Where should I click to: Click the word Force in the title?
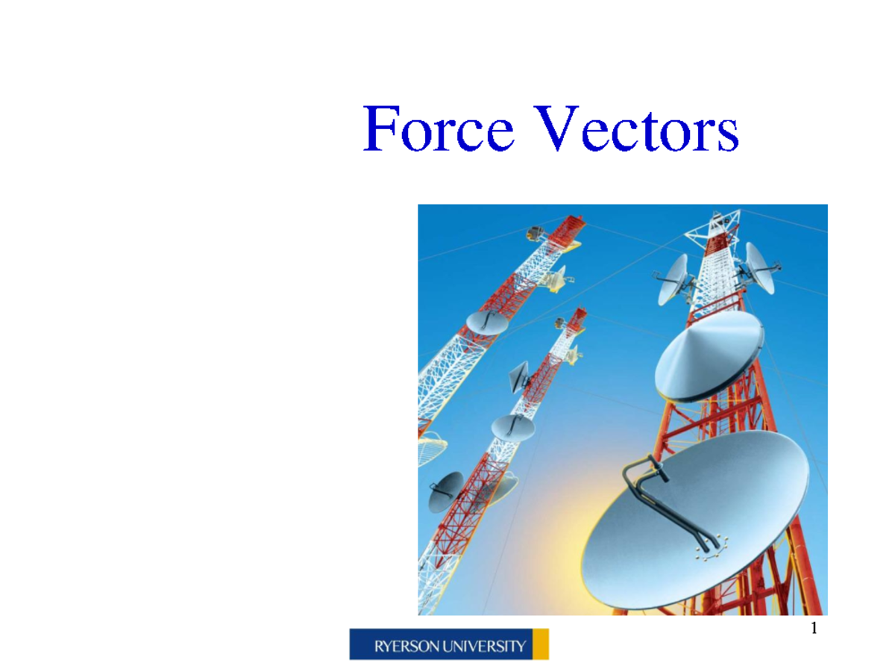tap(439, 130)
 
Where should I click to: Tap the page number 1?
tap(814, 629)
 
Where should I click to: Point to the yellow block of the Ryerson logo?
tap(541, 644)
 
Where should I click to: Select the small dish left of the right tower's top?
tap(673, 279)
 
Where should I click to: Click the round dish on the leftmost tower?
tap(486, 322)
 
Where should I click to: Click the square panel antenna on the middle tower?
tap(519, 376)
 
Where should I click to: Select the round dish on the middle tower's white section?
tap(513, 427)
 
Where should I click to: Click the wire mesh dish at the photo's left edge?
tap(431, 448)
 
